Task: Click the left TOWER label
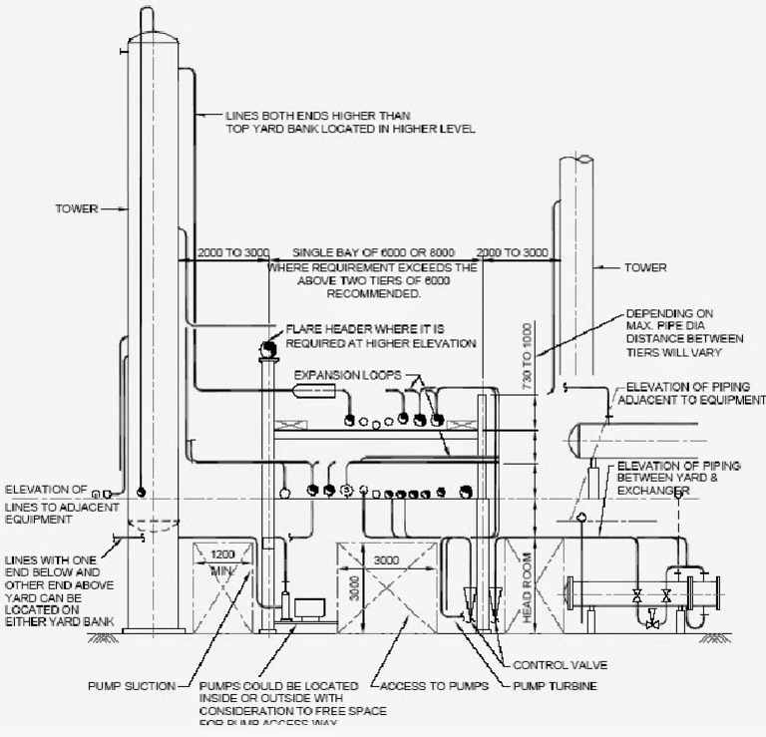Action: click(x=77, y=208)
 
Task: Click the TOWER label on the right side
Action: click(x=645, y=268)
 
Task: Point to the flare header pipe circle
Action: click(x=267, y=347)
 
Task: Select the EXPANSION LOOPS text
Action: click(x=346, y=375)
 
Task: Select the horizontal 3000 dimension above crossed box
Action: click(x=387, y=561)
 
